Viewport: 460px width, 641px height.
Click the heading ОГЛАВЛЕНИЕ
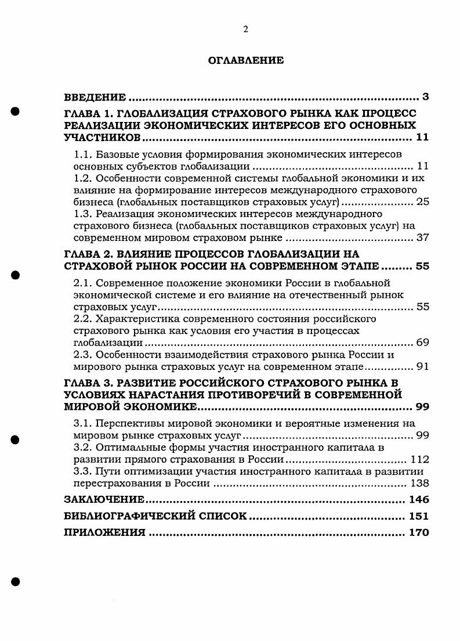tap(245, 60)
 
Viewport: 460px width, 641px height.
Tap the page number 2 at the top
tap(245, 29)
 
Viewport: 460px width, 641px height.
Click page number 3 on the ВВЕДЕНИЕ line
tap(425, 96)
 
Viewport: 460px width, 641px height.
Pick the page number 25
tap(422, 203)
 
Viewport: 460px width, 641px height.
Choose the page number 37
tap(422, 238)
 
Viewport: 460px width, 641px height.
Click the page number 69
tap(422, 343)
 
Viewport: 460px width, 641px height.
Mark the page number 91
tap(422, 367)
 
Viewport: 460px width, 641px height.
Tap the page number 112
tap(419, 459)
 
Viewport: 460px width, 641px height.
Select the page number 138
tap(419, 483)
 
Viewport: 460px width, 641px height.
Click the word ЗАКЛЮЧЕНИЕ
tap(104, 499)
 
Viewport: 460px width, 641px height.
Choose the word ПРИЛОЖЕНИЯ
tap(104, 532)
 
